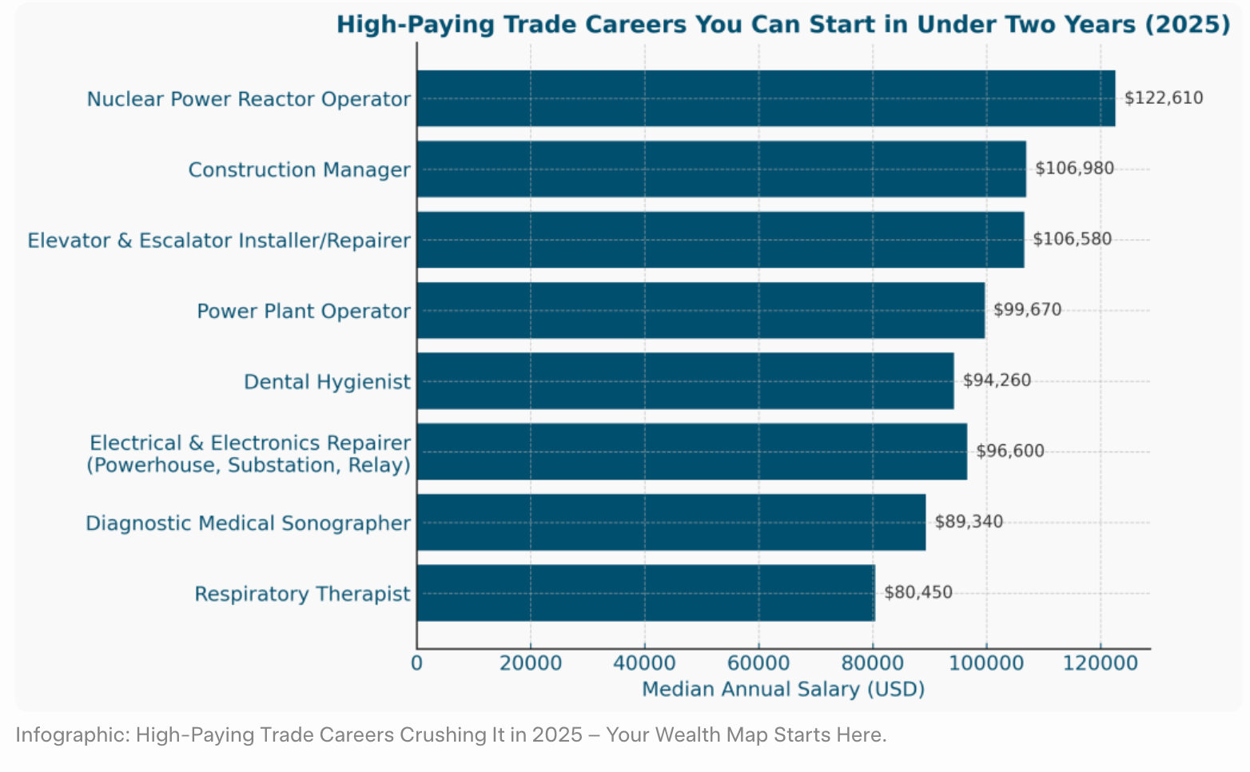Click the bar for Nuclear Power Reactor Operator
coord(766,98)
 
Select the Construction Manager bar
coord(721,169)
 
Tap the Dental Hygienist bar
coord(685,381)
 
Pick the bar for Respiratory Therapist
coord(646,593)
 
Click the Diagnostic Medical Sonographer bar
coord(671,522)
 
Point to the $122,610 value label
coord(1163,98)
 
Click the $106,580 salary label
coord(1072,239)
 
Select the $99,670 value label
coord(1027,309)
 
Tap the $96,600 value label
coord(1009,451)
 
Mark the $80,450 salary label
coord(918,592)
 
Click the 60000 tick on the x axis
coord(758,663)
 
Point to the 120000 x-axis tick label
coord(1100,663)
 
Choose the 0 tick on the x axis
coord(416,663)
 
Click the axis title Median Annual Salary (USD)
coord(783,689)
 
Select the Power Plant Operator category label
coord(304,311)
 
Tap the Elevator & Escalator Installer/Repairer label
coord(219,241)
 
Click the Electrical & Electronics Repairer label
coord(249,453)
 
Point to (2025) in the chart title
coord(1188,24)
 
